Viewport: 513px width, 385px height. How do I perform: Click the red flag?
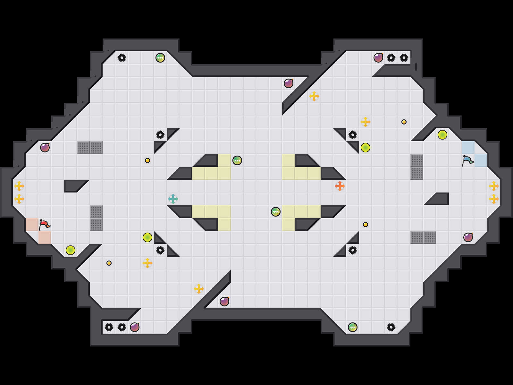[44, 224]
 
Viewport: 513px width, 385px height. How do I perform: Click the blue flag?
[467, 160]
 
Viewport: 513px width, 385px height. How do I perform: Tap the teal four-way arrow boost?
[173, 199]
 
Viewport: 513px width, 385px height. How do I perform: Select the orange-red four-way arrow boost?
[340, 186]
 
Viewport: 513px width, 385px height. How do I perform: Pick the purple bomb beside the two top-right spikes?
[378, 58]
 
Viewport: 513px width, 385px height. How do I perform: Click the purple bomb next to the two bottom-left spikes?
[135, 327]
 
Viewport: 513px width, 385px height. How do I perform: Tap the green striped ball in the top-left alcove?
[160, 58]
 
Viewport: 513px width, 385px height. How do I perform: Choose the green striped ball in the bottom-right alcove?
[353, 327]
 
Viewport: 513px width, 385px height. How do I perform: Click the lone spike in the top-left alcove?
[122, 58]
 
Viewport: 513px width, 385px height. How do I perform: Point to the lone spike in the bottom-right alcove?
[391, 327]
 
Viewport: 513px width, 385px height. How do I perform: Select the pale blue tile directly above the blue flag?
[468, 148]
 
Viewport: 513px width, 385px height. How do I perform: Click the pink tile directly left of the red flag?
[32, 225]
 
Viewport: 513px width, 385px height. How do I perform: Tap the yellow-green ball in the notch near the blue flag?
[442, 135]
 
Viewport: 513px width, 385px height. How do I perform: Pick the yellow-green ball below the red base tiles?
[71, 250]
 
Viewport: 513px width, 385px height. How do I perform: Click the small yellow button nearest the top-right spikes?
[404, 122]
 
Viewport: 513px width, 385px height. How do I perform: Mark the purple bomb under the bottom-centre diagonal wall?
[224, 302]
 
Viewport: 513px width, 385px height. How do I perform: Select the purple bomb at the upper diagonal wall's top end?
[289, 83]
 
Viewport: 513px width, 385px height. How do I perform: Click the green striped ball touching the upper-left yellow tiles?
[237, 160]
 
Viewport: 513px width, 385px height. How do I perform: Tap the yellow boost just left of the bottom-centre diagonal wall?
[199, 289]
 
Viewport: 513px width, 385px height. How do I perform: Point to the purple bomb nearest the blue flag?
[468, 237]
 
